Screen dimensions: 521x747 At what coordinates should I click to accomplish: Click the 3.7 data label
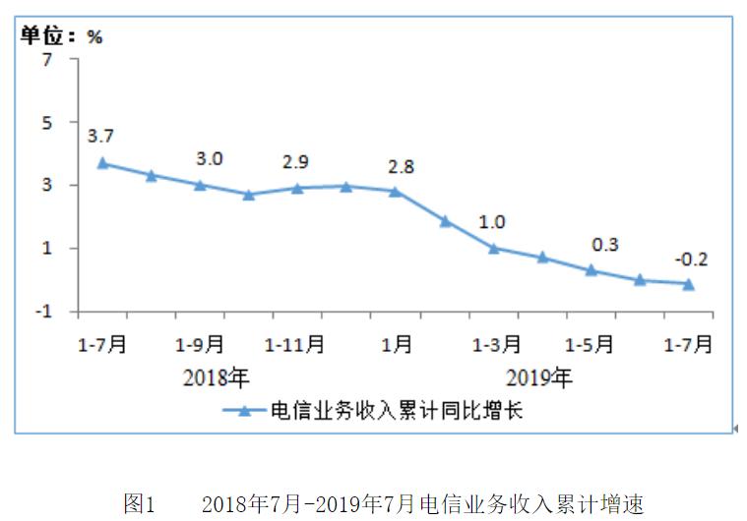click(x=100, y=136)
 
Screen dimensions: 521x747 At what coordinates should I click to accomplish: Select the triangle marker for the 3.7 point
click(x=102, y=163)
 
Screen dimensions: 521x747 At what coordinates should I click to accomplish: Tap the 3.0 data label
click(x=209, y=158)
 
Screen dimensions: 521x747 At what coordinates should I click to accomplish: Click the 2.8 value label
click(x=401, y=166)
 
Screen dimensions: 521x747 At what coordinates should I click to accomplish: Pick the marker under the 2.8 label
click(x=396, y=192)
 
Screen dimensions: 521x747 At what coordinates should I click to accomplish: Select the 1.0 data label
click(x=493, y=222)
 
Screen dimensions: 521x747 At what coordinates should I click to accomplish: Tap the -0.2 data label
click(x=691, y=260)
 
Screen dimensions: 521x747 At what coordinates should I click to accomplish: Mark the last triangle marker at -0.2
click(x=689, y=284)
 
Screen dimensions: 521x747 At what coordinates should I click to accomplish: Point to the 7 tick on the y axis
click(x=45, y=60)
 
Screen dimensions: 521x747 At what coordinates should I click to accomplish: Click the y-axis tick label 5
click(x=45, y=123)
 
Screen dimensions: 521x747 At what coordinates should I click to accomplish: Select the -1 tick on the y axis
click(x=42, y=312)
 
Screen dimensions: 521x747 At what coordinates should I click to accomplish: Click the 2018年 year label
click(x=217, y=376)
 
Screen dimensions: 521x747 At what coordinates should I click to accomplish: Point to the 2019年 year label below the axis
click(x=538, y=376)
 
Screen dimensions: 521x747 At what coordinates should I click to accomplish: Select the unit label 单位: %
click(x=62, y=36)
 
